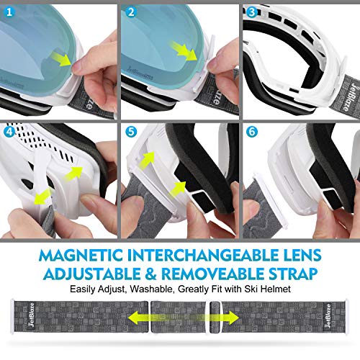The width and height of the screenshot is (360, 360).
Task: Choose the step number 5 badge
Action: point(131,132)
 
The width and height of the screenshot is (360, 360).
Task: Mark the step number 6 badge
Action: point(251,132)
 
